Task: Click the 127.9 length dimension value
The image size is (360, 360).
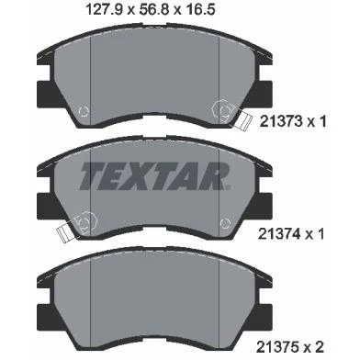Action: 105,9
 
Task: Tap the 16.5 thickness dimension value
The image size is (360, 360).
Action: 200,9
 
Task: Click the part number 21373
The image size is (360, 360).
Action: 282,122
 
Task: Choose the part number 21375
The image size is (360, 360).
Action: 278,347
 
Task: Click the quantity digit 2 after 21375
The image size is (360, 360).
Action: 320,347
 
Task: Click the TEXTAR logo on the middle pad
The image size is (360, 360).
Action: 154,176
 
